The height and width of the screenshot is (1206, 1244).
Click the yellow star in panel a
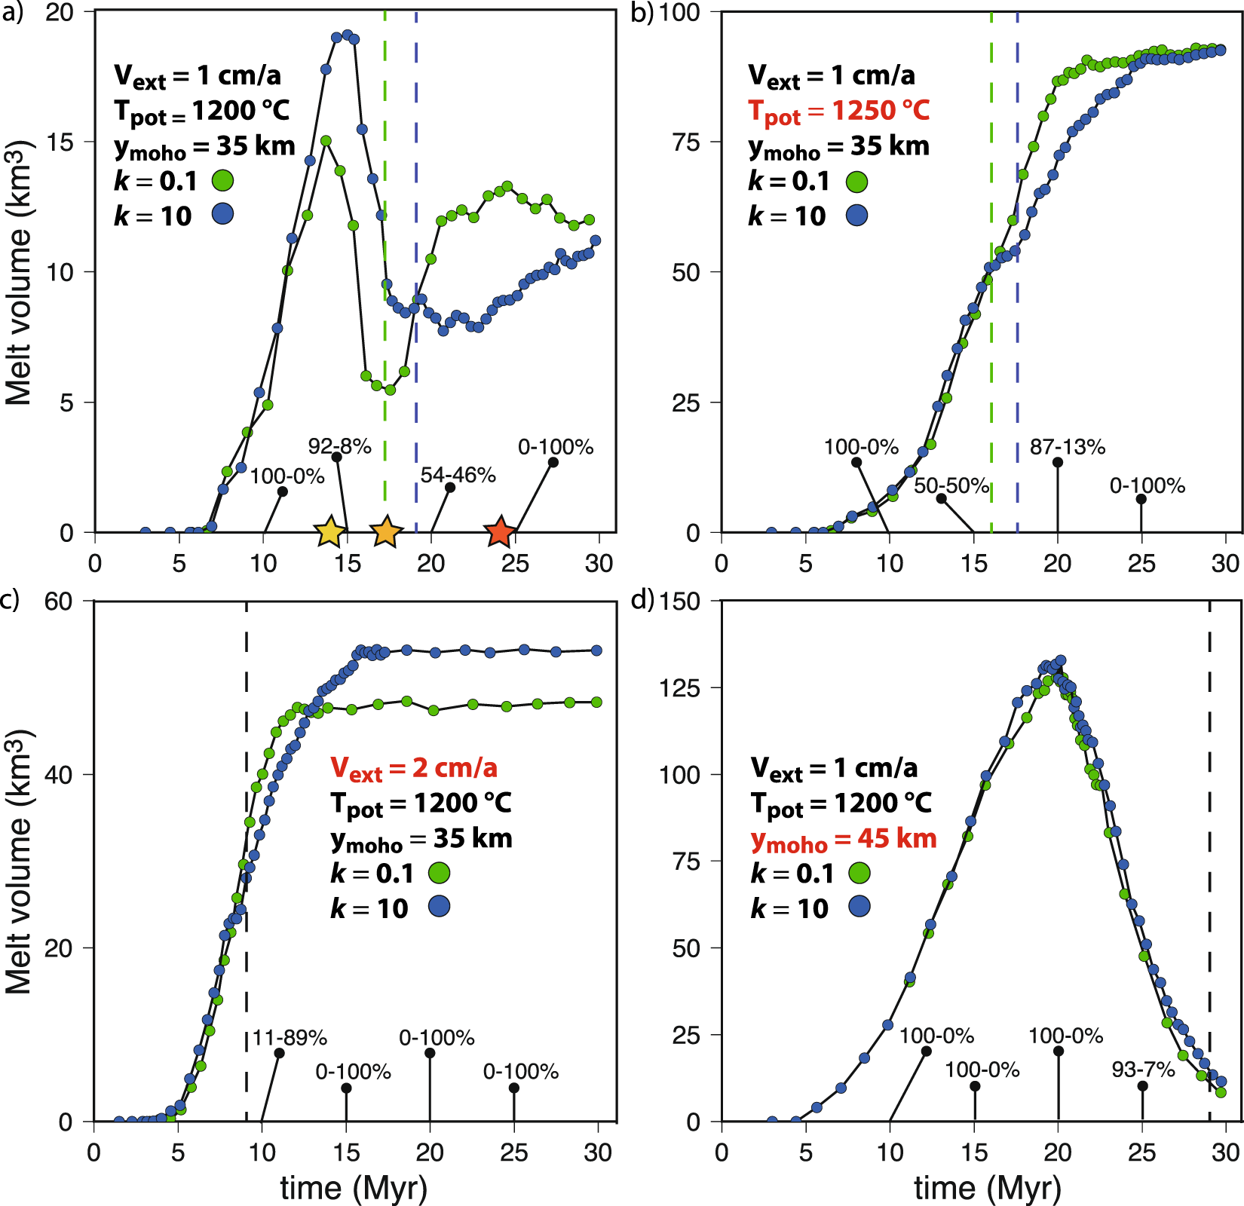tap(329, 532)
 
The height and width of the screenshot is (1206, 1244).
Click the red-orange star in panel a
tap(499, 532)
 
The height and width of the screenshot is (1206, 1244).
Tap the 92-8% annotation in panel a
tap(339, 446)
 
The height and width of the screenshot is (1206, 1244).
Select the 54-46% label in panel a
tap(458, 475)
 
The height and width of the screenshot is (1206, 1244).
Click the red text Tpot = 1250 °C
tap(838, 112)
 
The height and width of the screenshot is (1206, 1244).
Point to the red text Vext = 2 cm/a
tap(414, 768)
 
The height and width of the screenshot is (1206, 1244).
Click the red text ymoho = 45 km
tap(844, 839)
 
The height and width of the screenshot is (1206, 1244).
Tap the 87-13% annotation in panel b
tap(1068, 447)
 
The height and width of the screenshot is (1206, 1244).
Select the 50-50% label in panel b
tap(951, 485)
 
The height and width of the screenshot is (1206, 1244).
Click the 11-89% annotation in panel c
tap(290, 1038)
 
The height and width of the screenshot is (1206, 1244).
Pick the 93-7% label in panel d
tap(1144, 1069)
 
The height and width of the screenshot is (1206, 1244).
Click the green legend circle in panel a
tap(222, 180)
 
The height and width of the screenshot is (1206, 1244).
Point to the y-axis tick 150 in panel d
tap(680, 601)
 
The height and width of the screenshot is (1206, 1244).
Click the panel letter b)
tap(642, 13)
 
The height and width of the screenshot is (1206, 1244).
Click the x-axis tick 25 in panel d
tap(1141, 1152)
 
